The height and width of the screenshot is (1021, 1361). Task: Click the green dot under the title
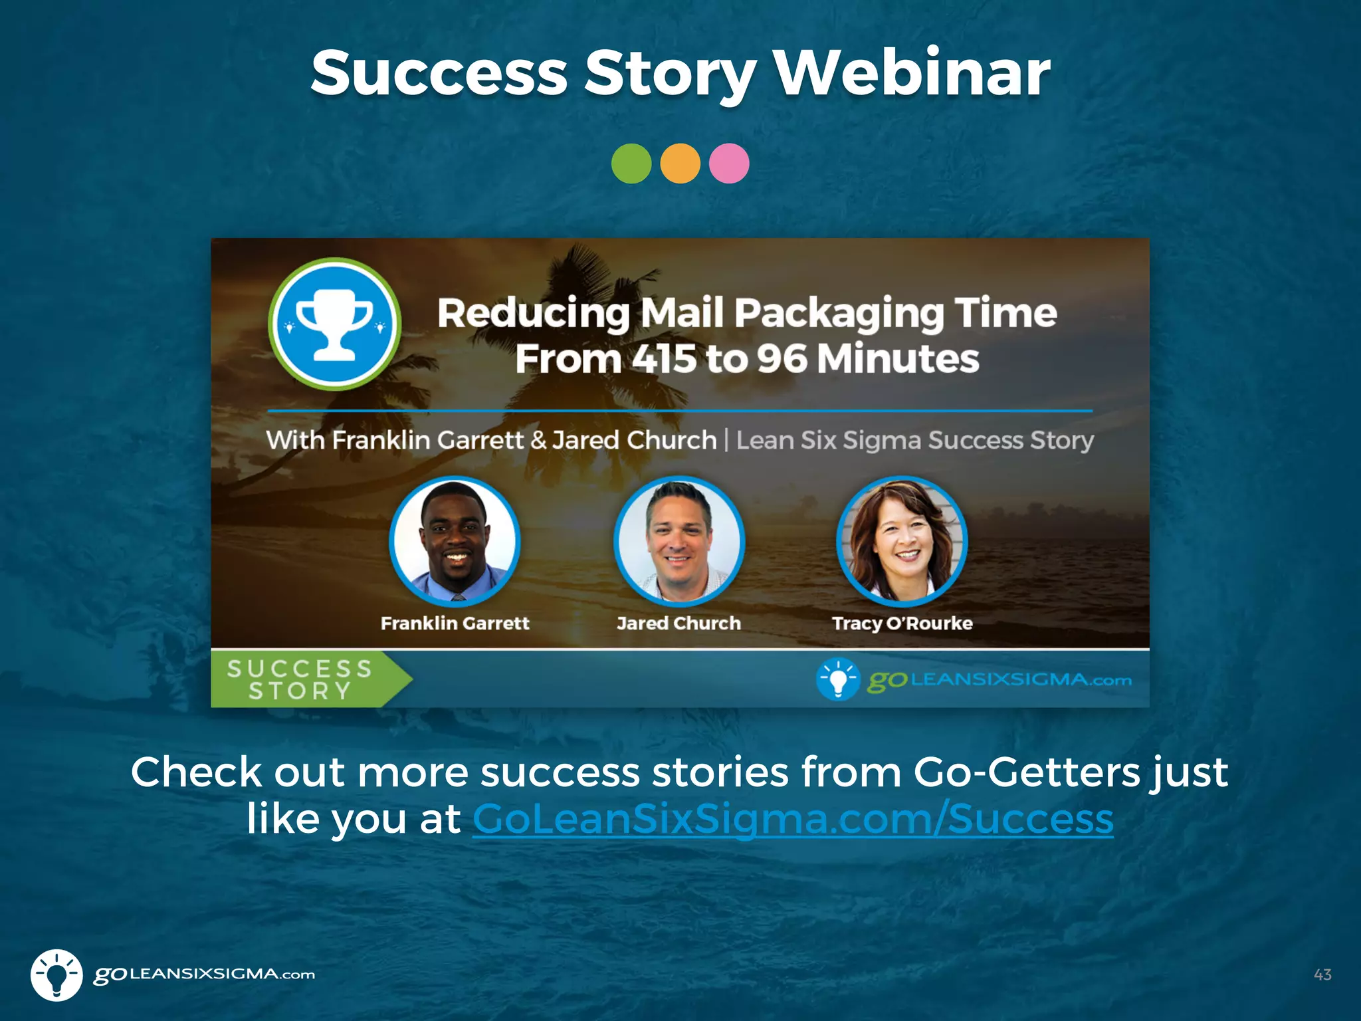point(631,164)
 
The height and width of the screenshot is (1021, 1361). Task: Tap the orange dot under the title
point(680,164)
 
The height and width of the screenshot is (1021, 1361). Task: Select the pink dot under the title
point(729,164)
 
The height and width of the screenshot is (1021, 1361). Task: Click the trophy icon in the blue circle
point(334,324)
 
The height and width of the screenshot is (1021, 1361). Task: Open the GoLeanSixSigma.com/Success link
point(792,819)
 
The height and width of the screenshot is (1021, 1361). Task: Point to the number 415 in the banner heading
point(664,359)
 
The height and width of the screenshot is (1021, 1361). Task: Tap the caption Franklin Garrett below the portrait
point(455,624)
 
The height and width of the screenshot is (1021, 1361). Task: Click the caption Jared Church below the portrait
point(679,624)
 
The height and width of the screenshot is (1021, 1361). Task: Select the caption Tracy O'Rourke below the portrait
point(902,624)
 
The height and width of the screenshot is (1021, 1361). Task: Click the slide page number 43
point(1322,974)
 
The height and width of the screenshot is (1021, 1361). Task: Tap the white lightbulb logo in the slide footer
point(56,974)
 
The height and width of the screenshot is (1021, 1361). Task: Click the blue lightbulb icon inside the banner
point(838,679)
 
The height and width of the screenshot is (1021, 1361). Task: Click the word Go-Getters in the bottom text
point(1027,772)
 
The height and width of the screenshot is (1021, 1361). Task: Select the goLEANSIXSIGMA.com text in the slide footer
point(204,974)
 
